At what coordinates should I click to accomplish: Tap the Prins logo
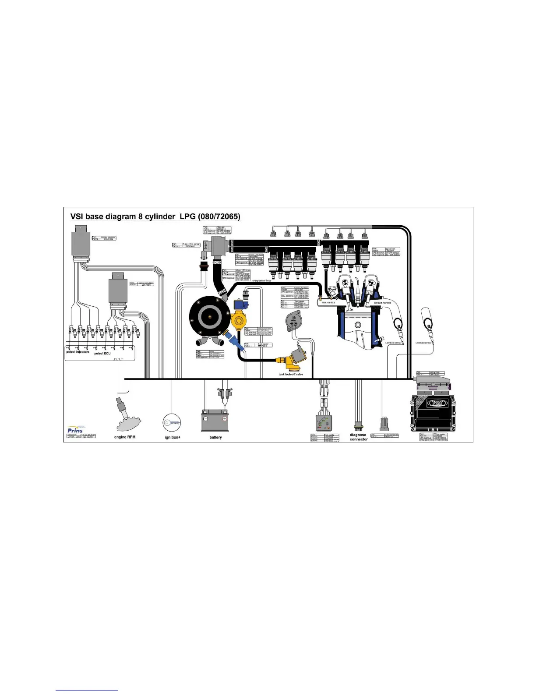pyautogui.click(x=75, y=430)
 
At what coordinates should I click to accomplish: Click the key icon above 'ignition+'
pyautogui.click(x=172, y=423)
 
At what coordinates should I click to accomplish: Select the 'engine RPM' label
pyautogui.click(x=125, y=437)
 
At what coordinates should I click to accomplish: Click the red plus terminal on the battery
pyautogui.click(x=225, y=419)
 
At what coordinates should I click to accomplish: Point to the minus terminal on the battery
pyautogui.click(x=206, y=419)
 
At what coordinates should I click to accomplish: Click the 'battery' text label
pyautogui.click(x=215, y=437)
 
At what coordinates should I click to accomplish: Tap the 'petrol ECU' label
pyautogui.click(x=102, y=353)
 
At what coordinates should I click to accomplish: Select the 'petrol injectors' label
pyautogui.click(x=78, y=352)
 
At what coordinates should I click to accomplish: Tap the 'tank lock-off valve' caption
pyautogui.click(x=291, y=375)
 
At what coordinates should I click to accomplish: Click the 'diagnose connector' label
pyautogui.click(x=358, y=437)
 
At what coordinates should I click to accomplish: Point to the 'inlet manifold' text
pyautogui.click(x=328, y=303)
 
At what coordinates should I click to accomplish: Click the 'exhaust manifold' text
pyautogui.click(x=382, y=303)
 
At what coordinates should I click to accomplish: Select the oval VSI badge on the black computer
pyautogui.click(x=435, y=403)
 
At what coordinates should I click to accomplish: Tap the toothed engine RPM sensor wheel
pyautogui.click(x=129, y=423)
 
